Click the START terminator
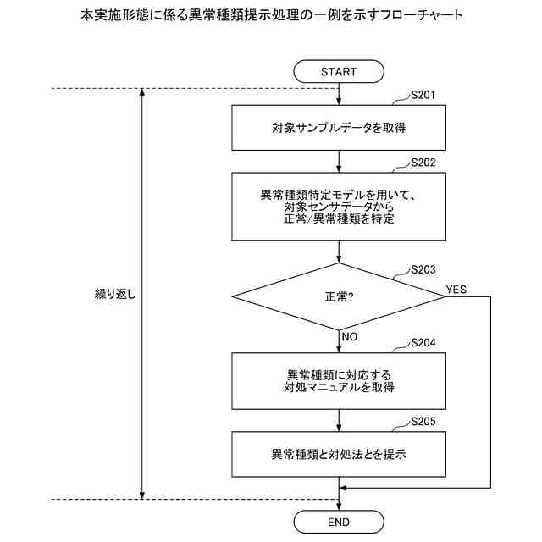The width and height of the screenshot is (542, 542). pyautogui.click(x=339, y=71)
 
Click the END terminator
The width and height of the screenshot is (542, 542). pyautogui.click(x=339, y=522)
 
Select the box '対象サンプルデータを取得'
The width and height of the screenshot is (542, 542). pyautogui.click(x=339, y=130)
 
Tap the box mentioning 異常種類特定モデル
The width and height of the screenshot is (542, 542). pyautogui.click(x=339, y=207)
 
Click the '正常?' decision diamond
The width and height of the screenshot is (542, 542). pyautogui.click(x=339, y=296)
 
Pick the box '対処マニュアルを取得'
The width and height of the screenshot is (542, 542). pyautogui.click(x=339, y=380)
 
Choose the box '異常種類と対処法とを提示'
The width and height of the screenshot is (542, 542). pyautogui.click(x=339, y=453)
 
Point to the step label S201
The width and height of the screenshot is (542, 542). pyautogui.click(x=423, y=94)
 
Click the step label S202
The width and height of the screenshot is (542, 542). pyautogui.click(x=423, y=163)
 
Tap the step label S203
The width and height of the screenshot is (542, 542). pyautogui.click(x=423, y=270)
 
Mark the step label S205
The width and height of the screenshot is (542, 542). pyautogui.click(x=423, y=421)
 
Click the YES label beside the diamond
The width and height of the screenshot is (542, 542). pyautogui.click(x=456, y=290)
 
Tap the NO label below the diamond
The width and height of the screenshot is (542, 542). pyautogui.click(x=350, y=336)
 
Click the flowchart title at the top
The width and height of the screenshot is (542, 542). pyautogui.click(x=271, y=15)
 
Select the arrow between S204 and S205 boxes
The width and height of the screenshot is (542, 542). pyautogui.click(x=339, y=420)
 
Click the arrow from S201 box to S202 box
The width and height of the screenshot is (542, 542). pyautogui.click(x=339, y=162)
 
